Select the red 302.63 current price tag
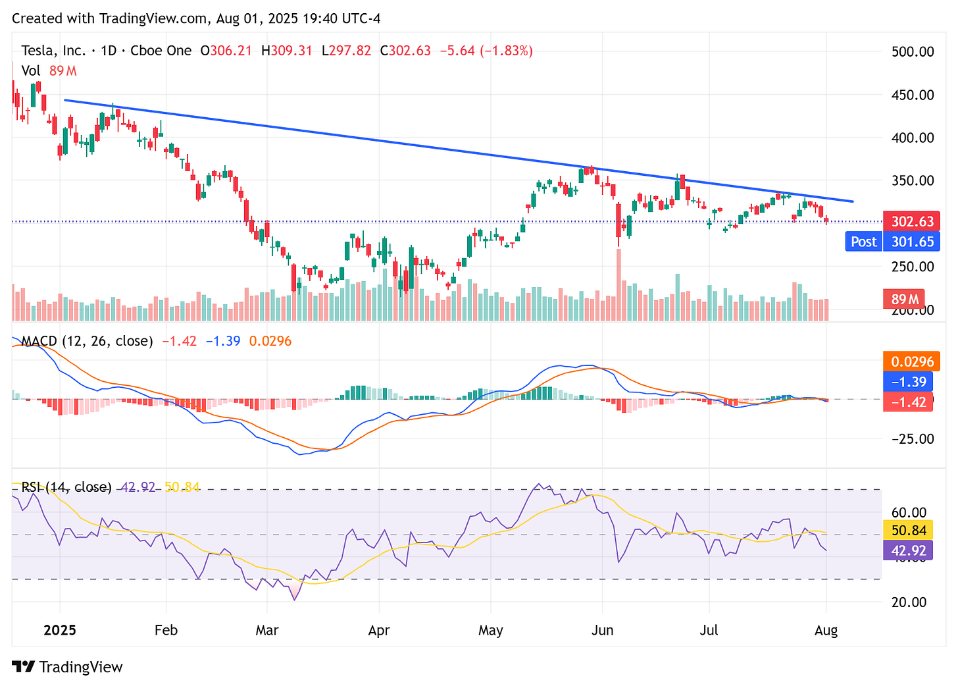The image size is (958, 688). tap(912, 221)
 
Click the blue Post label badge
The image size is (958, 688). tap(863, 242)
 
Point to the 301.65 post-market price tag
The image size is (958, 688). tap(912, 242)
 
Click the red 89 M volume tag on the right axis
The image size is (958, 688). tap(904, 300)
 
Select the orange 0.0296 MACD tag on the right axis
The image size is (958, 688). tap(912, 361)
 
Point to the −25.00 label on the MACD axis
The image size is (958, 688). tap(909, 438)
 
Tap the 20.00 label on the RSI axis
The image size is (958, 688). tap(909, 602)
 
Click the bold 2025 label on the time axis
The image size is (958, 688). tap(60, 630)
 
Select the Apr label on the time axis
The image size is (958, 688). tap(379, 630)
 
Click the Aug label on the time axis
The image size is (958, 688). tap(826, 630)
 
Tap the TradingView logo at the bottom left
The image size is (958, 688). tap(68, 667)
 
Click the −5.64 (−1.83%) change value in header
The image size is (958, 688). tap(486, 51)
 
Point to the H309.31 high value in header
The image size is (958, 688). tap(286, 51)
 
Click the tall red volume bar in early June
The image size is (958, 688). tap(619, 286)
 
